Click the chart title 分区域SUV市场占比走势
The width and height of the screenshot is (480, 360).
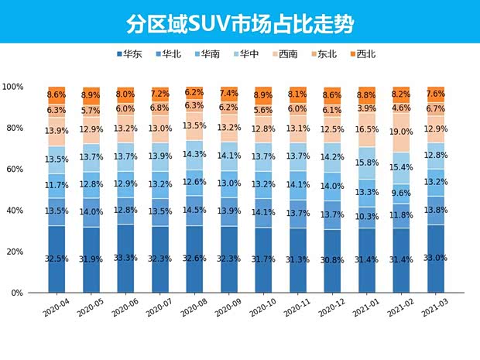click(x=239, y=24)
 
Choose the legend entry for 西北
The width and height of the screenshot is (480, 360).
click(x=362, y=54)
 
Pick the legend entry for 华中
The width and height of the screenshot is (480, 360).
click(x=245, y=54)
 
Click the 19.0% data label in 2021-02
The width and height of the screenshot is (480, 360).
click(x=401, y=132)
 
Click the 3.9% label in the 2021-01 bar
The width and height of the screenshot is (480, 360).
click(x=366, y=108)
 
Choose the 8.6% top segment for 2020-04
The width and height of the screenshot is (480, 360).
click(x=56, y=94)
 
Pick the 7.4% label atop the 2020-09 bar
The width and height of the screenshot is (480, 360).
click(x=228, y=92)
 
